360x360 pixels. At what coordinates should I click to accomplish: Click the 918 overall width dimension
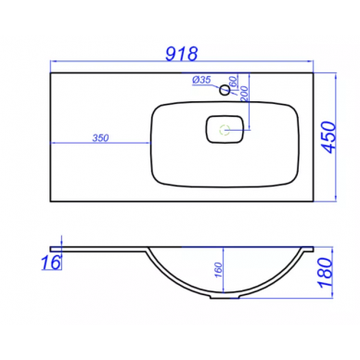[182, 54]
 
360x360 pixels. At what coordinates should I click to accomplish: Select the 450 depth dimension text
[328, 137]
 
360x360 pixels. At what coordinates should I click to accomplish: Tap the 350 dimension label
[100, 137]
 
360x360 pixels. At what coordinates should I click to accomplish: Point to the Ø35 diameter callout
[201, 80]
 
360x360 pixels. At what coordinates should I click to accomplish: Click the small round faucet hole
[225, 90]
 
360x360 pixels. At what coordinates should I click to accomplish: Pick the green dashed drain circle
[225, 130]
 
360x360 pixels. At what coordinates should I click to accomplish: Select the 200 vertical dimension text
[245, 94]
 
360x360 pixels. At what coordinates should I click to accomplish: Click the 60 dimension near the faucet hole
[234, 81]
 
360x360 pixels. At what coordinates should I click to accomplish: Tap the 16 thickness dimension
[51, 263]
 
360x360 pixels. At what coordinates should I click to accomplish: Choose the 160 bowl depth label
[218, 270]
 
